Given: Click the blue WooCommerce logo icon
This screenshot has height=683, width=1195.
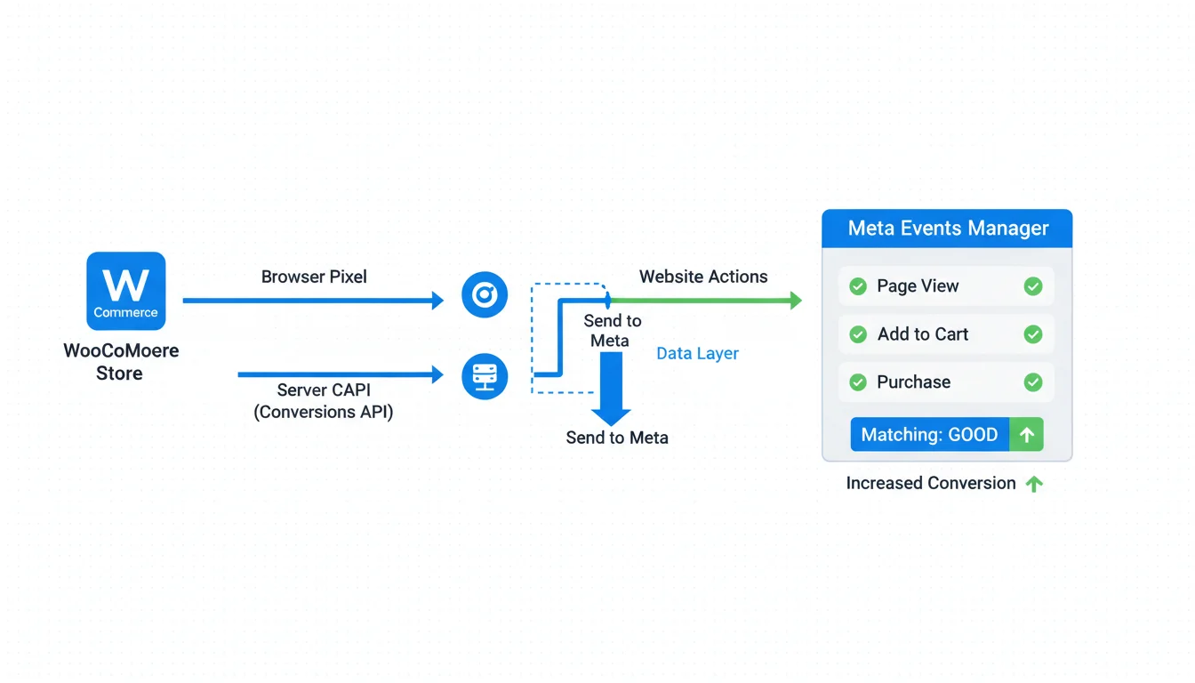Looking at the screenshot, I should (x=126, y=291).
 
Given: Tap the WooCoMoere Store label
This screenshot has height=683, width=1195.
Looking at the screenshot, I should (x=121, y=362).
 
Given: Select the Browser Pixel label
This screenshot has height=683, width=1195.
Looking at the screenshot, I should (x=314, y=277).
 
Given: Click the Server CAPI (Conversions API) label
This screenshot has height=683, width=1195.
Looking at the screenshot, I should (x=324, y=401).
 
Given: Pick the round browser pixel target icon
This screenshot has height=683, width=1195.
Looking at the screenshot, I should (x=485, y=295).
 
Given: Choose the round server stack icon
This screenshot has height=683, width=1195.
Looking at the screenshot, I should (x=485, y=376).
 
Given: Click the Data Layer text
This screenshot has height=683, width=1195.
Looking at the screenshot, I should (x=697, y=353).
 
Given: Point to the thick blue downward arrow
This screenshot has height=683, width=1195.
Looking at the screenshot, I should (x=611, y=388).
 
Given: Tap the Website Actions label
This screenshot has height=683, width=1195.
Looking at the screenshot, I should (x=703, y=277).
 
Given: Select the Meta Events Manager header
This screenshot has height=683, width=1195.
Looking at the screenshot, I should (x=948, y=229).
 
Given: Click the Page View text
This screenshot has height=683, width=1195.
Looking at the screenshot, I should (x=918, y=286).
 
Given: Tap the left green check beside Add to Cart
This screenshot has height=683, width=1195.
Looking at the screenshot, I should (x=858, y=334).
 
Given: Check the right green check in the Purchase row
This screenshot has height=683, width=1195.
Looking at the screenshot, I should (x=1033, y=382).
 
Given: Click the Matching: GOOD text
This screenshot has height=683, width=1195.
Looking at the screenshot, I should (x=929, y=435).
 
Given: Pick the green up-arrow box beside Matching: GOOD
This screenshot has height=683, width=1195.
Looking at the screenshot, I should (x=1027, y=435).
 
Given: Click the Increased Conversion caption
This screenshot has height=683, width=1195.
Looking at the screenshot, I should (x=931, y=483).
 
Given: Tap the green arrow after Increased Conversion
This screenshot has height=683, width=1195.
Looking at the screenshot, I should (x=1034, y=484).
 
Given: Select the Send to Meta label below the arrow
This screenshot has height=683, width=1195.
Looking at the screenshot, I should (x=617, y=438).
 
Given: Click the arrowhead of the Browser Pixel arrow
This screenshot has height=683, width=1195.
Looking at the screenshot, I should (x=437, y=301).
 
